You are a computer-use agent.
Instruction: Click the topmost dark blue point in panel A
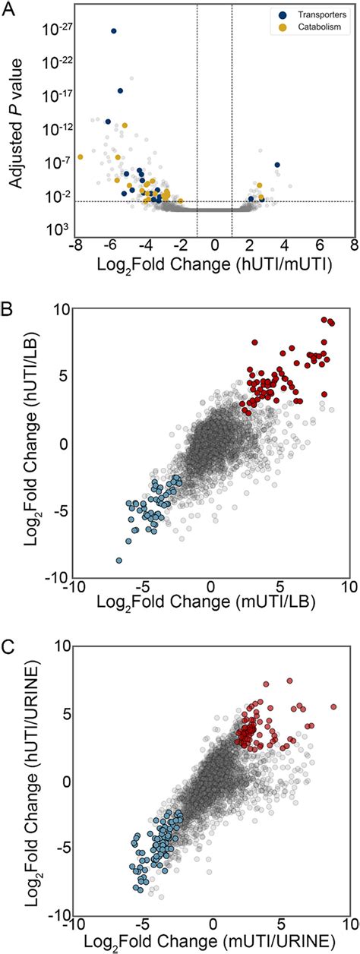pyautogui.click(x=114, y=31)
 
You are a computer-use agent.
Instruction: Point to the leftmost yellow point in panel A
pyautogui.click(x=80, y=156)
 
